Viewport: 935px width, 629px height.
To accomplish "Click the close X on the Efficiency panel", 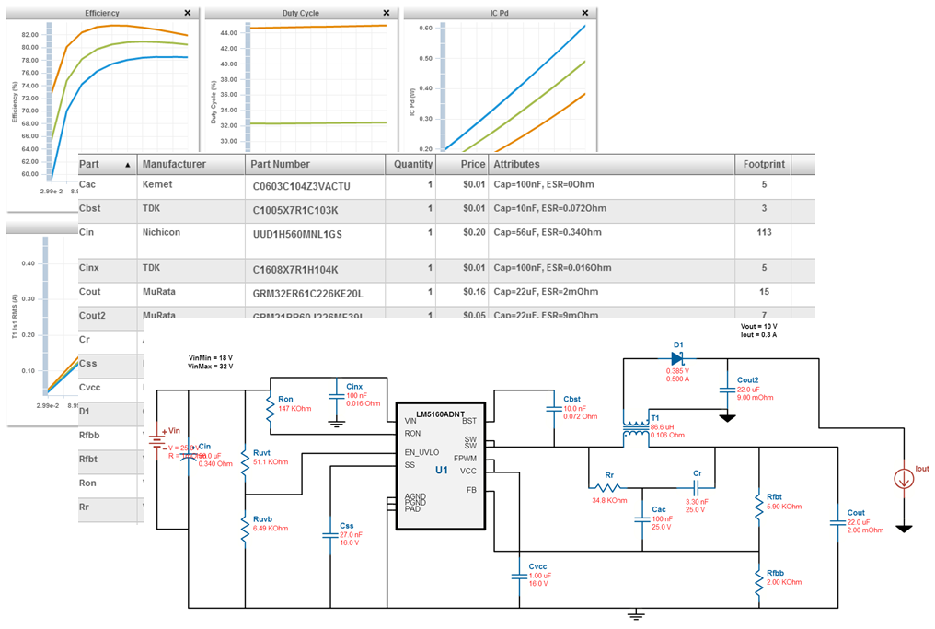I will (188, 13).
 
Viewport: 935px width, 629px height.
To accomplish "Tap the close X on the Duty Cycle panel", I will (387, 13).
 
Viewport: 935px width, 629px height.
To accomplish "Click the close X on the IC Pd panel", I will (585, 13).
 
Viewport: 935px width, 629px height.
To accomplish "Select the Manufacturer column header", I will (173, 164).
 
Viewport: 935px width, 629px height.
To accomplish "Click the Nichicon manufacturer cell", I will (161, 232).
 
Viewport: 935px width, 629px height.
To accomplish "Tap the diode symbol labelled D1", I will (677, 358).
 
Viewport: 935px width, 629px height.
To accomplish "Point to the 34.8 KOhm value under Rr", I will (609, 500).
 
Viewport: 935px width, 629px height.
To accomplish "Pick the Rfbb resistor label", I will (775, 572).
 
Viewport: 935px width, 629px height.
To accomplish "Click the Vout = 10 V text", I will (758, 327).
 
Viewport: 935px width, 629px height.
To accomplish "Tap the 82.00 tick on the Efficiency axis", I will (29, 47).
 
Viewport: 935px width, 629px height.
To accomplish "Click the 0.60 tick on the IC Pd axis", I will (425, 28).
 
